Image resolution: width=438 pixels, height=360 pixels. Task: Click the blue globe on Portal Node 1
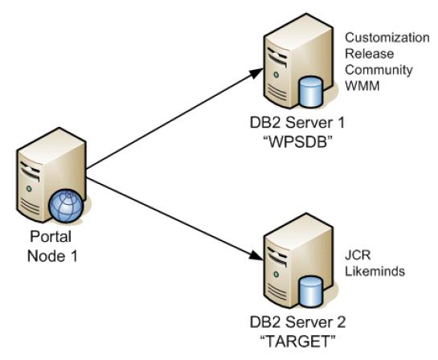pyautogui.click(x=66, y=206)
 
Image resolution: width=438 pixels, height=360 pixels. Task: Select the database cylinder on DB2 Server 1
pyautogui.click(x=310, y=92)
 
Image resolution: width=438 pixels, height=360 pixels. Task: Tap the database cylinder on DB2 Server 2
pyautogui.click(x=310, y=292)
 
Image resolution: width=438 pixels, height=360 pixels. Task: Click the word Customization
pyautogui.click(x=387, y=38)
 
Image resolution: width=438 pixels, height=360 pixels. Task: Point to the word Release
pyautogui.click(x=369, y=54)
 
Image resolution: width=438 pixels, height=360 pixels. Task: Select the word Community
pyautogui.click(x=379, y=70)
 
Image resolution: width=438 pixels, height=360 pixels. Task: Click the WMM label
pyautogui.click(x=362, y=86)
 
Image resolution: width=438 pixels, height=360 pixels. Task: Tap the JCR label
pyautogui.click(x=358, y=256)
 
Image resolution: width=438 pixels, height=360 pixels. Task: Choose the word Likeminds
pyautogui.click(x=375, y=271)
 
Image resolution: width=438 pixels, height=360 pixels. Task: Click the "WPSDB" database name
pyautogui.click(x=298, y=143)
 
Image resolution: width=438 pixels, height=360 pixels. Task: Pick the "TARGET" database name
pyautogui.click(x=298, y=341)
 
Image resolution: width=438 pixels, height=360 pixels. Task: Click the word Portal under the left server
pyautogui.click(x=51, y=236)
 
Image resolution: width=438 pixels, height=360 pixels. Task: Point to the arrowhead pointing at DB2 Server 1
pyautogui.click(x=256, y=73)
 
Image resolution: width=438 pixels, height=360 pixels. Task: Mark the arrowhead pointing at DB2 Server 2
pyautogui.click(x=256, y=256)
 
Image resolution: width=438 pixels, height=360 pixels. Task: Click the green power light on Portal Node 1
pyautogui.click(x=29, y=189)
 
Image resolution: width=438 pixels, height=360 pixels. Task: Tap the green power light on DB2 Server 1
pyautogui.click(x=276, y=75)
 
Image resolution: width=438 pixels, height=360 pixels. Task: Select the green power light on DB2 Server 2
pyautogui.click(x=276, y=274)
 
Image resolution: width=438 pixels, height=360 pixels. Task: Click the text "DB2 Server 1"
pyautogui.click(x=297, y=123)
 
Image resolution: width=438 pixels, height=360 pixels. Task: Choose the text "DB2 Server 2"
pyautogui.click(x=298, y=321)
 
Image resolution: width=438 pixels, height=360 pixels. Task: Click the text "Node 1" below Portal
pyautogui.click(x=52, y=256)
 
